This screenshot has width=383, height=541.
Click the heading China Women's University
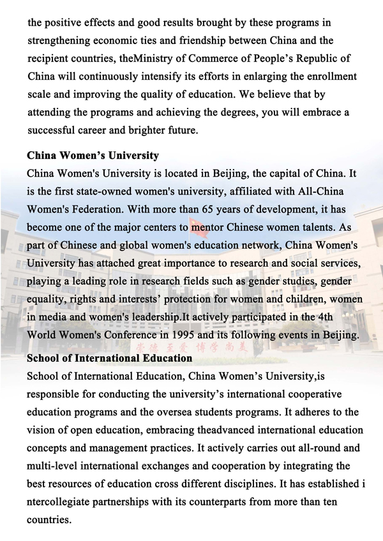[93, 156]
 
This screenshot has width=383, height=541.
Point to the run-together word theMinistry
[155, 59]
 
